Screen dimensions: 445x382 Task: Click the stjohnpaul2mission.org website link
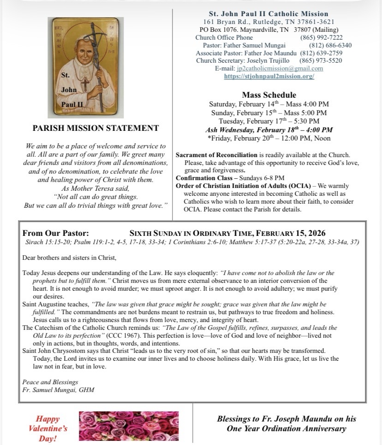coord(269,76)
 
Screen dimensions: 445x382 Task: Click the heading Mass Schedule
coord(269,95)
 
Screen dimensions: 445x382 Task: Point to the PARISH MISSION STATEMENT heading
coord(96,129)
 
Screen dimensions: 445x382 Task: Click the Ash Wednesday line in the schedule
coord(269,130)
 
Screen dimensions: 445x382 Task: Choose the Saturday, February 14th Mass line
coord(269,104)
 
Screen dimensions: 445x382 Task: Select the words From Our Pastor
coord(56,233)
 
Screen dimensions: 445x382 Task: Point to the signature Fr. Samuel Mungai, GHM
coord(58,390)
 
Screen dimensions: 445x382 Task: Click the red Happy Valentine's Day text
coord(48,428)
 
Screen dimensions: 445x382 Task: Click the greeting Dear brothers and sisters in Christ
coord(69,258)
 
